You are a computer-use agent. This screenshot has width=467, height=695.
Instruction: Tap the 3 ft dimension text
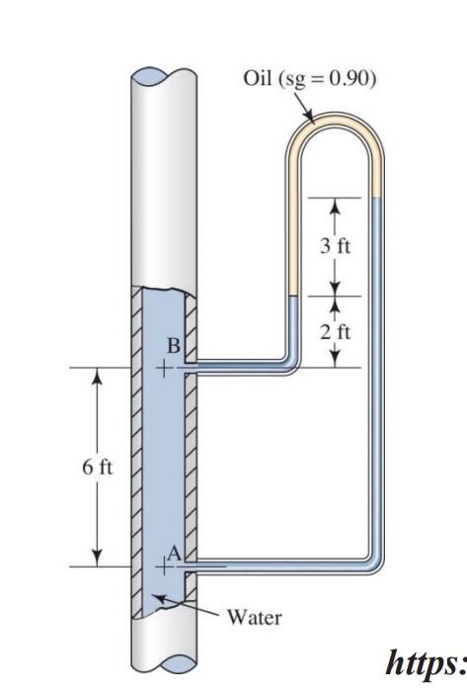click(335, 246)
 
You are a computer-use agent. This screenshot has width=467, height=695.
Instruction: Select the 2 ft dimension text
click(335, 331)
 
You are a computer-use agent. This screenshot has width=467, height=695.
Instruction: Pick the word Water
click(255, 619)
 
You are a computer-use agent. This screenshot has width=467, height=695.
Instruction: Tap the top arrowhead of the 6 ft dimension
click(96, 376)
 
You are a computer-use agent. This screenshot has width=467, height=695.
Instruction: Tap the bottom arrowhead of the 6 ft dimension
click(96, 560)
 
